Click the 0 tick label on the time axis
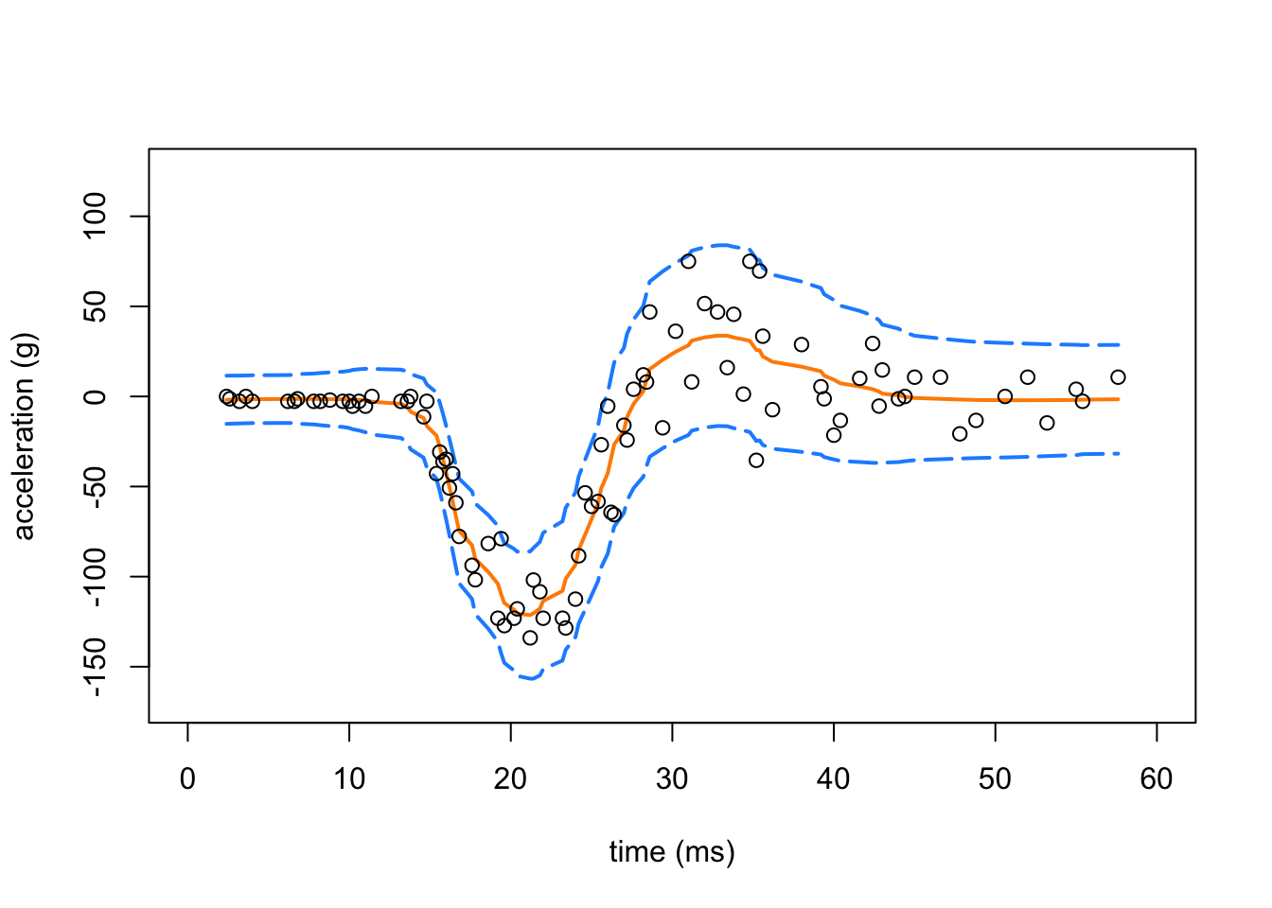(187, 779)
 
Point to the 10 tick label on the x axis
(349, 779)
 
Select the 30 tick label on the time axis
(672, 779)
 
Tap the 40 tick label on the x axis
(834, 779)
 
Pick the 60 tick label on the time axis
(1157, 779)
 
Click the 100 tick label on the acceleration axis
(96, 217)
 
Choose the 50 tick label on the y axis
(96, 306)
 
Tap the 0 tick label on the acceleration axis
(96, 396)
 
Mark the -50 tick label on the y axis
(96, 486)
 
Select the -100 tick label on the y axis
(96, 577)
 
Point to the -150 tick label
(96, 667)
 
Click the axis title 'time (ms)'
(672, 852)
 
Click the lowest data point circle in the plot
(530, 637)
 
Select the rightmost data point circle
(1118, 377)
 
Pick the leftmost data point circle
(226, 396)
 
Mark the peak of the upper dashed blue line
(722, 244)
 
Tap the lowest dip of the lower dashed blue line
(532, 679)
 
